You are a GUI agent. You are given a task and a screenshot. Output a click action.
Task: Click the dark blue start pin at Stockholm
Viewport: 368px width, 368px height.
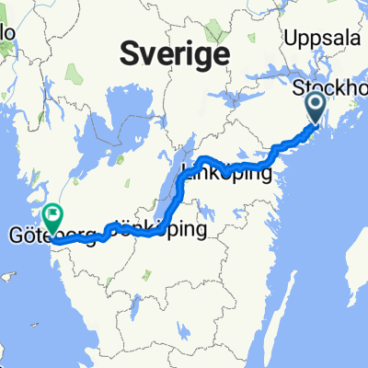(x=315, y=108)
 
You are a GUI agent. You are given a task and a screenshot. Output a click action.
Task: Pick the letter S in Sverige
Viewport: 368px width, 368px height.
(x=131, y=54)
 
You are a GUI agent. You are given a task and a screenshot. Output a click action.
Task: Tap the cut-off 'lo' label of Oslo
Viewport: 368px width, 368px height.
(x=7, y=32)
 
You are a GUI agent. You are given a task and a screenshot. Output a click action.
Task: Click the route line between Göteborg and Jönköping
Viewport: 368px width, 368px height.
(x=101, y=241)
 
